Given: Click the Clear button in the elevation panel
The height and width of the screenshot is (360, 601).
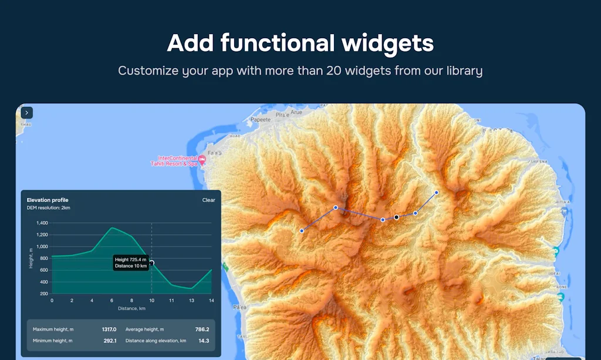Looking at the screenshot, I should click(x=208, y=200).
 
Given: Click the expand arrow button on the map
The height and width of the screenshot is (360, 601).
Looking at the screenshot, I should click(x=27, y=113).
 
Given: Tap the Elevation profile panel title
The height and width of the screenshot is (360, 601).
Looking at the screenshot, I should click(x=48, y=200).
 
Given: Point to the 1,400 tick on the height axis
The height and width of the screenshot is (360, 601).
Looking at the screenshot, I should click(x=42, y=223).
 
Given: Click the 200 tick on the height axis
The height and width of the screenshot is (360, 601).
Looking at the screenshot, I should click(x=44, y=293).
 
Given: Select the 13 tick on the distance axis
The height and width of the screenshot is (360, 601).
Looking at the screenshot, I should click(x=191, y=301).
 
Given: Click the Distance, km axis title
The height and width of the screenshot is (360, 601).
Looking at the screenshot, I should click(x=131, y=308).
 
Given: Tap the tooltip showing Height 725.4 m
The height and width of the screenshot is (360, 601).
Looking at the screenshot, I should click(x=130, y=263).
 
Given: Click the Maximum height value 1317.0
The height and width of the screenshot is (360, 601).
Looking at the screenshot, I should click(x=109, y=329).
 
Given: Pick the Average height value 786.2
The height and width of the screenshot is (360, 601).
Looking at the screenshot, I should click(x=202, y=329).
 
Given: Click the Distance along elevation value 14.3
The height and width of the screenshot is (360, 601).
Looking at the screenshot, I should click(x=203, y=341).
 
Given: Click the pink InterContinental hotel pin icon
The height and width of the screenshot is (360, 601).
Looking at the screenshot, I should click(x=202, y=159).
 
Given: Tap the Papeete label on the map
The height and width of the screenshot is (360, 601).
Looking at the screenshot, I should click(x=260, y=119).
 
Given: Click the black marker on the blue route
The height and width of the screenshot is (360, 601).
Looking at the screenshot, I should click(x=397, y=217).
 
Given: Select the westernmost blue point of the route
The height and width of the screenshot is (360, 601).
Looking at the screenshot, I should click(x=302, y=231).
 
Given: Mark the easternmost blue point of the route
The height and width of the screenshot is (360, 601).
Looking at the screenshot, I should click(x=436, y=193).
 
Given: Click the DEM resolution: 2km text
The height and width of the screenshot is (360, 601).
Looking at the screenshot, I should click(x=49, y=208).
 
